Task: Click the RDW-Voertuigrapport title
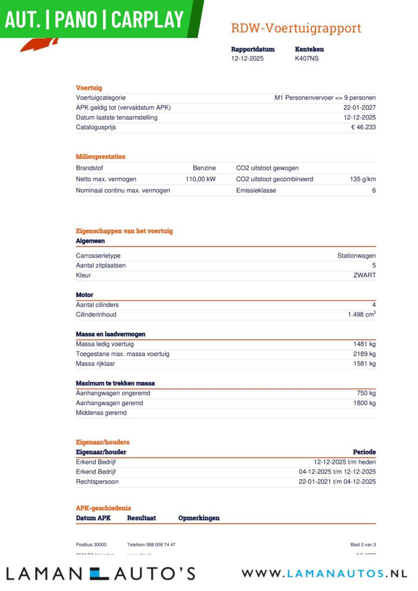click(x=296, y=28)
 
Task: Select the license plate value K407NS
click(x=307, y=58)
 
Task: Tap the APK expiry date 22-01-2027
click(x=359, y=108)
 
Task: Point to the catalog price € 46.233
click(x=363, y=127)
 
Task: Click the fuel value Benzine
click(x=204, y=168)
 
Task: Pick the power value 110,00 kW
click(x=200, y=179)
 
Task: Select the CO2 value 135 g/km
click(x=362, y=179)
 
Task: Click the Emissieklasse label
click(x=256, y=190)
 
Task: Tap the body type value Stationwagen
click(x=356, y=256)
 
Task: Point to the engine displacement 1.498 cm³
click(x=362, y=315)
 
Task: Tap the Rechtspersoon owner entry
click(x=97, y=482)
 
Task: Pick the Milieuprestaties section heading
click(x=100, y=157)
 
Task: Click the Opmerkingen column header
click(x=199, y=518)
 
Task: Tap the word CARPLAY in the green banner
click(x=147, y=20)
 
